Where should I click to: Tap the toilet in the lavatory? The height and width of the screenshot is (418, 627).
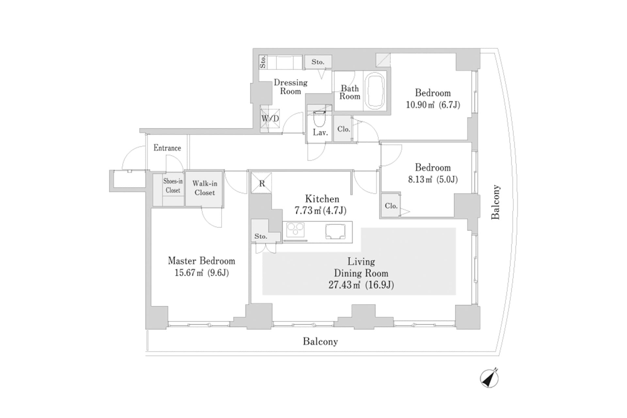pos(319,119)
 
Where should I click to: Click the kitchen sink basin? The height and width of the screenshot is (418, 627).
pos(335,232)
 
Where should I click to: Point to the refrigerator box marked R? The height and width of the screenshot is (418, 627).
pos(262,183)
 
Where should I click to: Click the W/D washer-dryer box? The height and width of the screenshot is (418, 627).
pos(270,119)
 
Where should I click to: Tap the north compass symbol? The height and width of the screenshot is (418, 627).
pos(489,378)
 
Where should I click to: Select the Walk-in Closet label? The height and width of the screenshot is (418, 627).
pos(204,188)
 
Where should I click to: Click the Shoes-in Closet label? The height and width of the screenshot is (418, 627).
pos(173,185)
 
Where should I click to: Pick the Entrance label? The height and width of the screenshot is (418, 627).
pos(167,148)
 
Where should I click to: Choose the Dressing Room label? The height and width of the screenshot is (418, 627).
pos(290,87)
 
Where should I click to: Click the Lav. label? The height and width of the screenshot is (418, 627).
pos(320,132)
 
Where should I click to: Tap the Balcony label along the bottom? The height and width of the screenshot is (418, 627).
pos(320,342)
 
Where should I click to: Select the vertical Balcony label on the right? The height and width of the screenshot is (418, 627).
pos(496,202)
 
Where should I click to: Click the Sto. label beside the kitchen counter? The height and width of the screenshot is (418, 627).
pos(261,236)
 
